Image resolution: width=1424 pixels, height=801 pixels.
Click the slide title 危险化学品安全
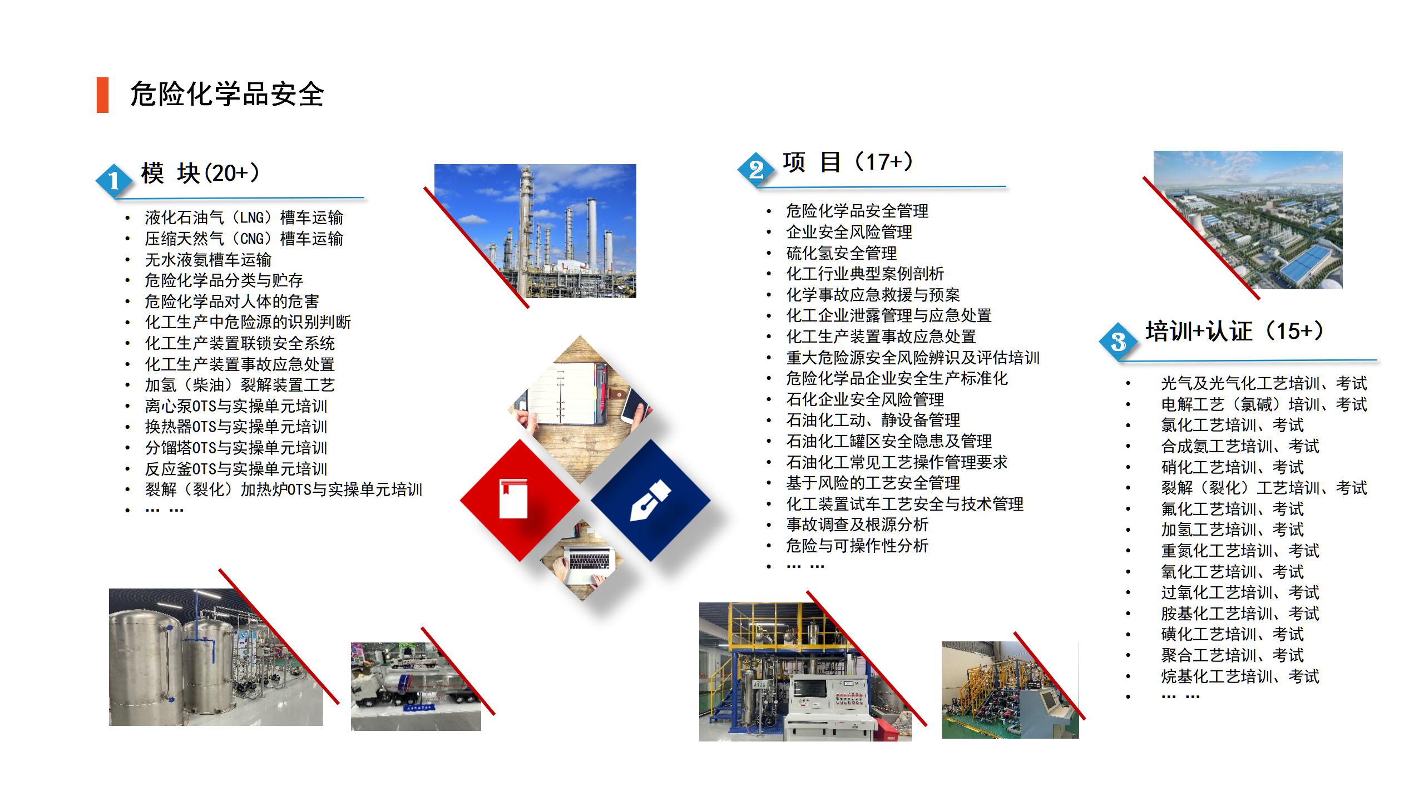[x=227, y=94]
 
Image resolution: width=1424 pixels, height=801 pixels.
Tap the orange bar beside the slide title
[x=102, y=95]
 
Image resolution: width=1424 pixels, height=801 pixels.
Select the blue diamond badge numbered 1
[x=113, y=180]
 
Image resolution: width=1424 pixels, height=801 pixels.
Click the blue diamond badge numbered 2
[x=755, y=169]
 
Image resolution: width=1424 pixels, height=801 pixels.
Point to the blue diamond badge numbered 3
[x=1118, y=341]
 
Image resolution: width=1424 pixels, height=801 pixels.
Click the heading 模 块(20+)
[x=200, y=173]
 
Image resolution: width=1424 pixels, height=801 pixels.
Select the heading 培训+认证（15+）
[x=1234, y=331]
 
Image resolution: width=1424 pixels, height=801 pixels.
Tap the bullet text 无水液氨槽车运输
[x=208, y=260]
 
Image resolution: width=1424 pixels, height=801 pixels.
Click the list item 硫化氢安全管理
[x=841, y=253]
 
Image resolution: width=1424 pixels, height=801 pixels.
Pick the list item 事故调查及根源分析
[x=857, y=525]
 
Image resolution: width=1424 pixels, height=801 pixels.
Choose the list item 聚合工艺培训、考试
[x=1233, y=655]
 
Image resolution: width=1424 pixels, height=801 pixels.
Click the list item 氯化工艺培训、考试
[x=1233, y=425]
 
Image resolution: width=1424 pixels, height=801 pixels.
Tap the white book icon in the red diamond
[x=513, y=498]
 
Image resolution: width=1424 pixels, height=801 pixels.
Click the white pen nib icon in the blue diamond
[x=650, y=500]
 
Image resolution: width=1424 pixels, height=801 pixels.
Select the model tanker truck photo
[x=416, y=686]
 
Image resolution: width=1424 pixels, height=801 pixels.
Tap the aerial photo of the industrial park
[x=1248, y=220]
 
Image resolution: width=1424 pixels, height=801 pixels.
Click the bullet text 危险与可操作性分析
[x=857, y=546]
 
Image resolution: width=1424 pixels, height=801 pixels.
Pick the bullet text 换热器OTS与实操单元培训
[x=236, y=427]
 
